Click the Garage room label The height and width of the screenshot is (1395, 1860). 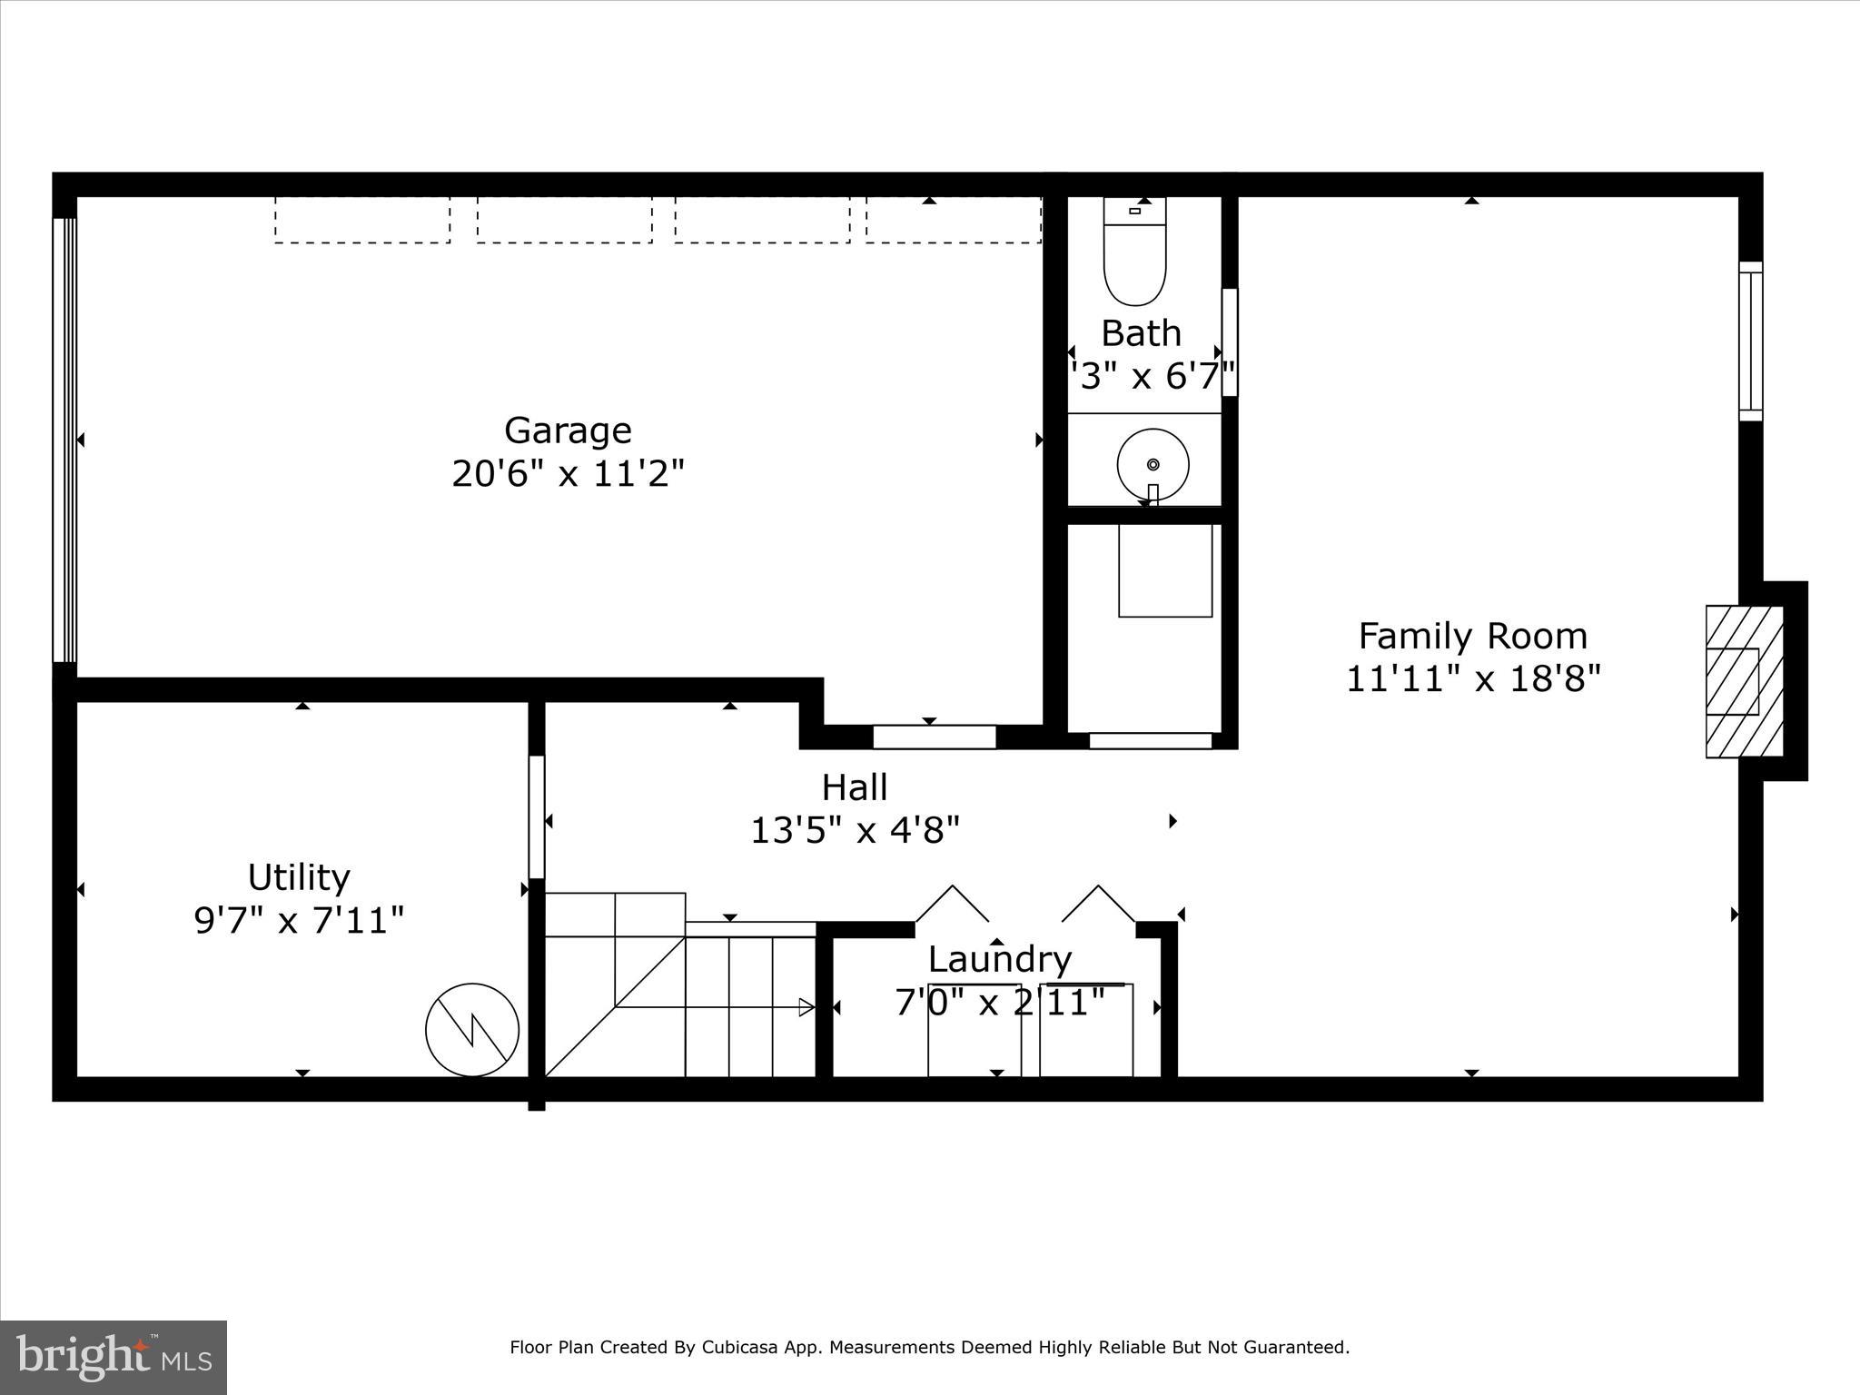click(568, 430)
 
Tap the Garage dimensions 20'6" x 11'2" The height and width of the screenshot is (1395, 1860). click(568, 473)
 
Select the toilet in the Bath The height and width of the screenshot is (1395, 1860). click(1134, 254)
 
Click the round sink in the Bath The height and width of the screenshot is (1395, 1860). click(1153, 464)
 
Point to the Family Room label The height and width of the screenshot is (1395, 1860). click(1472, 636)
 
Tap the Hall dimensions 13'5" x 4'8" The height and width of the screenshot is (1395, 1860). click(855, 829)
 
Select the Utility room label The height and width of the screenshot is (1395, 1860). click(299, 877)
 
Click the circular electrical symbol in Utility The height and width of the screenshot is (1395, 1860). click(472, 1030)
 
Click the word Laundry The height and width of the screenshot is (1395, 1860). click(999, 959)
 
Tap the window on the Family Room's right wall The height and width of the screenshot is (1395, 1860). click(1750, 341)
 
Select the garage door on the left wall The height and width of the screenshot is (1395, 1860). click(64, 440)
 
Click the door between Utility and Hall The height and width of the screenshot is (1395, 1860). click(537, 816)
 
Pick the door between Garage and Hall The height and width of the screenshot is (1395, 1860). click(934, 737)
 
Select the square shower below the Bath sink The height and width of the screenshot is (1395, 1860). click(1165, 570)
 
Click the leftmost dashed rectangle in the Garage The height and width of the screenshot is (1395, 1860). click(362, 220)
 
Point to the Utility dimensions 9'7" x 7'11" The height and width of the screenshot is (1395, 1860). click(299, 920)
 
